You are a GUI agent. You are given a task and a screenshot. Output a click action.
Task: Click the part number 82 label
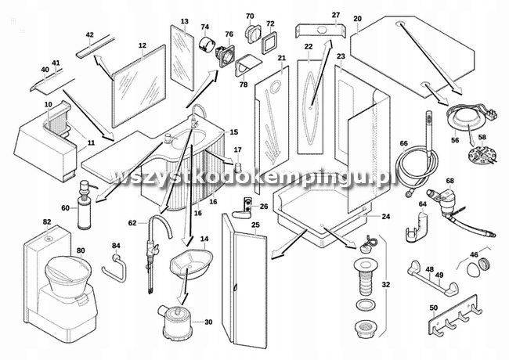tap(47, 221)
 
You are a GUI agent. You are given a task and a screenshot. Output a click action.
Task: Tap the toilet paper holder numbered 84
tap(114, 268)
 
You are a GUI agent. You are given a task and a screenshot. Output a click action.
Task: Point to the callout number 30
tap(208, 322)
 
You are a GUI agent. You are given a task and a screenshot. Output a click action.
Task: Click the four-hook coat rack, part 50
tap(455, 317)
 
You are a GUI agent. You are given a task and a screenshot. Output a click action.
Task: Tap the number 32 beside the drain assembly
tap(385, 285)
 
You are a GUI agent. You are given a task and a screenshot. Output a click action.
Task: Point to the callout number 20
tap(357, 19)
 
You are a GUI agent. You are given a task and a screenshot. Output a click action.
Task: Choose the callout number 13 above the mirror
tap(184, 21)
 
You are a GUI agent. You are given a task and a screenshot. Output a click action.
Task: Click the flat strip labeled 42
tap(96, 47)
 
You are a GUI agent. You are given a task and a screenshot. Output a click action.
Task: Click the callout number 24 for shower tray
tap(385, 216)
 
